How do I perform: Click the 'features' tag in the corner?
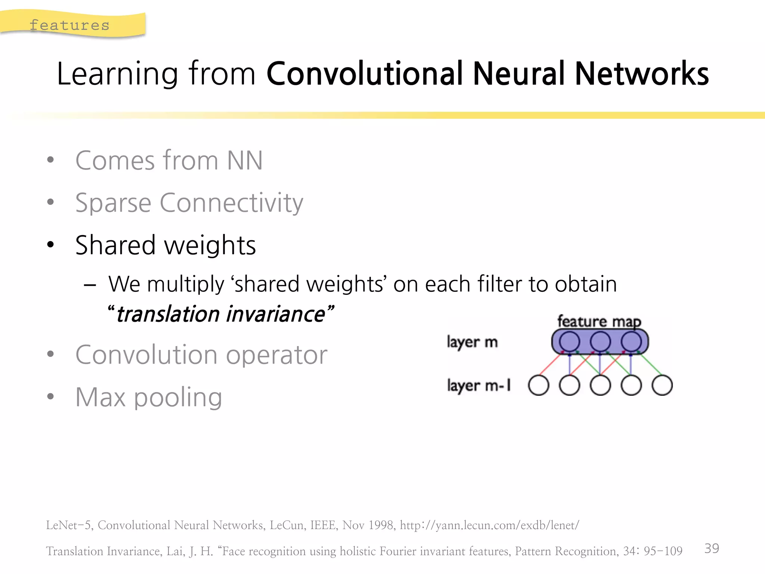click(x=69, y=25)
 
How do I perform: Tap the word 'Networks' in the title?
click(x=641, y=74)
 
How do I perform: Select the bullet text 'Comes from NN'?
click(x=169, y=161)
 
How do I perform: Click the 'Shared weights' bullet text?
click(x=165, y=246)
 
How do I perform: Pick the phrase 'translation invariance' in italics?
click(x=220, y=314)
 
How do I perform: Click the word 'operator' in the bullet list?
click(x=276, y=355)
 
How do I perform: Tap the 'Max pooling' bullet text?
click(x=149, y=397)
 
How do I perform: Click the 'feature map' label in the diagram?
click(x=599, y=321)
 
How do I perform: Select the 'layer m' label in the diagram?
click(x=472, y=342)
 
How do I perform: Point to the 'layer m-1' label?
click(x=479, y=385)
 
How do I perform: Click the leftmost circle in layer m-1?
click(x=539, y=385)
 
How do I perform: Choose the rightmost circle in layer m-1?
click(x=662, y=385)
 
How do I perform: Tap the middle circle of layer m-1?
click(x=600, y=385)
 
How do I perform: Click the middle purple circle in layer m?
click(x=600, y=341)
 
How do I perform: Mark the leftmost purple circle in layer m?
click(x=569, y=341)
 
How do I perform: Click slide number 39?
click(x=712, y=548)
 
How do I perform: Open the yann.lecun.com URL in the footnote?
click(x=489, y=525)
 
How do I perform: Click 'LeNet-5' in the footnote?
click(x=68, y=525)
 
